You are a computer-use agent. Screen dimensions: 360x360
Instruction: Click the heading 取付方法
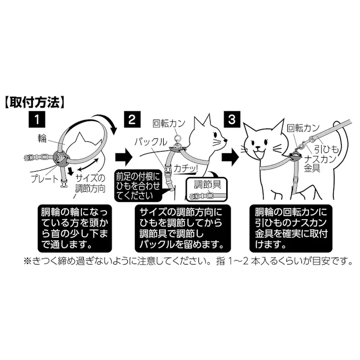point(34,102)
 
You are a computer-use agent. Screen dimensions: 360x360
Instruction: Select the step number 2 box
point(131,120)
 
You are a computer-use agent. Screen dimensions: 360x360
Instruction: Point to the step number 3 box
point(232,120)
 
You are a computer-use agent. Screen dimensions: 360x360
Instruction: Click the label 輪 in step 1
point(41,137)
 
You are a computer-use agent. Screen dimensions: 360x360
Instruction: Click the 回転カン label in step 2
point(170,123)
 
